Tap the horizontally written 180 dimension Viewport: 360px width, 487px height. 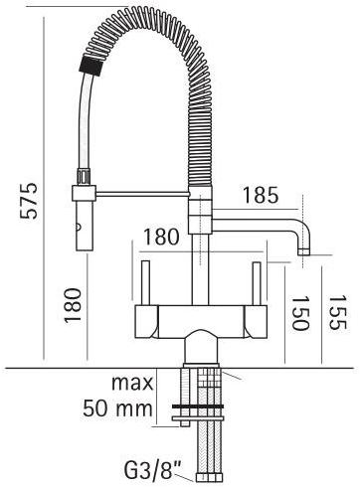[x=161, y=239]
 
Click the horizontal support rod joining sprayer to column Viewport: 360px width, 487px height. [x=139, y=195]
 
